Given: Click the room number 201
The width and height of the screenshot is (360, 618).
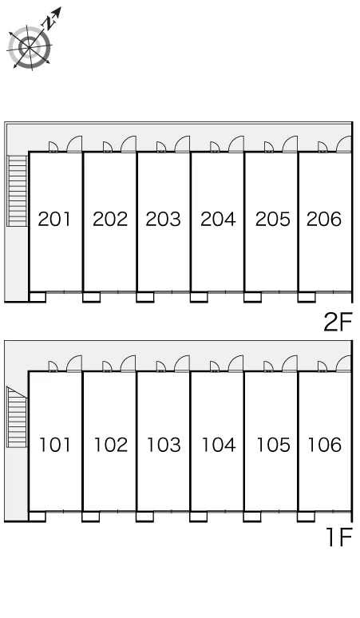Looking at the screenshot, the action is [x=54, y=219].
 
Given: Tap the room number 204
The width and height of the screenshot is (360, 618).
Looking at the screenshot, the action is [x=218, y=219].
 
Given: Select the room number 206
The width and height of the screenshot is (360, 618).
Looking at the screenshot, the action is [x=324, y=219].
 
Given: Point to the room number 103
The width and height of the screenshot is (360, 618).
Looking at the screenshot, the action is [x=164, y=445].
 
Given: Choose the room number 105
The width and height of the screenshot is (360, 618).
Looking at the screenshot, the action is [x=273, y=445].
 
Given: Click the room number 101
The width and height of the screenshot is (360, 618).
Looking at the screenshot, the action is [x=55, y=445].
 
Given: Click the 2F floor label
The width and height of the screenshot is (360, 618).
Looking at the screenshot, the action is [x=338, y=322].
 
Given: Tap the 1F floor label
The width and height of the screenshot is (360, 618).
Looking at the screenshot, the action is [x=339, y=537].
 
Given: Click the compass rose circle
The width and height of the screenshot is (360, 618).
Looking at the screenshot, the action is [x=30, y=48].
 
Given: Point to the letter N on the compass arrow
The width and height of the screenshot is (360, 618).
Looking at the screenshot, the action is [x=49, y=23].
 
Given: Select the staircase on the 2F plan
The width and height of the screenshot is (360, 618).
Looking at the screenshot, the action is [x=18, y=191].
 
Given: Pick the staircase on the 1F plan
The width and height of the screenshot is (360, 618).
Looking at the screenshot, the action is [x=17, y=417].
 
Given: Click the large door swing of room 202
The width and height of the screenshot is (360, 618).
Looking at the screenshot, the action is [x=129, y=144].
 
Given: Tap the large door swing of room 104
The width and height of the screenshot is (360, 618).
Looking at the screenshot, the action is [x=235, y=363].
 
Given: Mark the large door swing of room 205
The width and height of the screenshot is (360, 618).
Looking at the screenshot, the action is [x=290, y=144].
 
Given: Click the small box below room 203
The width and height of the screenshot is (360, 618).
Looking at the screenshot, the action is [x=145, y=297].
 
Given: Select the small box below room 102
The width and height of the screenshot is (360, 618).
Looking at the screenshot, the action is [x=90, y=517].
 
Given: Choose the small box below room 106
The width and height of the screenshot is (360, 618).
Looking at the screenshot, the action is [x=306, y=517].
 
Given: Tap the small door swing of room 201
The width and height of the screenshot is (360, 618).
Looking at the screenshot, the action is [x=53, y=147].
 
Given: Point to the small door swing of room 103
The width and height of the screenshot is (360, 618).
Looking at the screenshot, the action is [x=160, y=366].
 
